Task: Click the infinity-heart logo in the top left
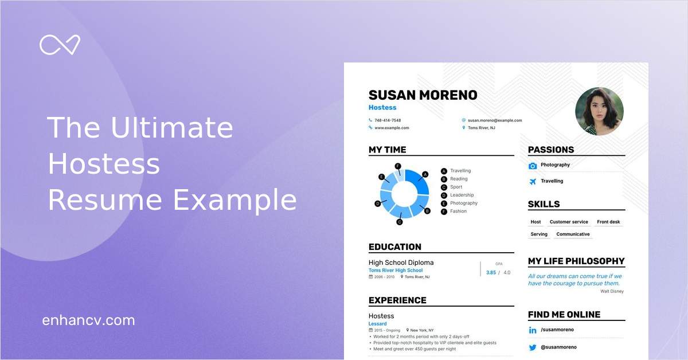(x=60, y=45)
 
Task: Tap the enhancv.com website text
(x=88, y=320)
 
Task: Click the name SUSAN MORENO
(x=423, y=95)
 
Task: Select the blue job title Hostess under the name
(x=382, y=108)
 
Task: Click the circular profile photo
(x=599, y=111)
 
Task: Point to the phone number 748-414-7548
(x=388, y=120)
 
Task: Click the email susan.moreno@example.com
(x=495, y=120)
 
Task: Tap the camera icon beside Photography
(x=533, y=166)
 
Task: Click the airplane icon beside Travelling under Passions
(x=533, y=182)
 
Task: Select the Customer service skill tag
(x=569, y=222)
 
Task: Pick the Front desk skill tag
(x=608, y=222)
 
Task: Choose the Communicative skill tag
(x=573, y=234)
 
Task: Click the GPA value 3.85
(x=491, y=273)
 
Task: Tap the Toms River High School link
(x=396, y=271)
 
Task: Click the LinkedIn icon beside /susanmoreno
(x=533, y=330)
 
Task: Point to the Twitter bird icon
(x=533, y=347)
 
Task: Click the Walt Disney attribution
(x=612, y=291)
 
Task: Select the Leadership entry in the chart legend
(x=462, y=195)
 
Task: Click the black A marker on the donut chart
(x=425, y=174)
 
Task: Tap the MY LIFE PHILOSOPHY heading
(x=576, y=261)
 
